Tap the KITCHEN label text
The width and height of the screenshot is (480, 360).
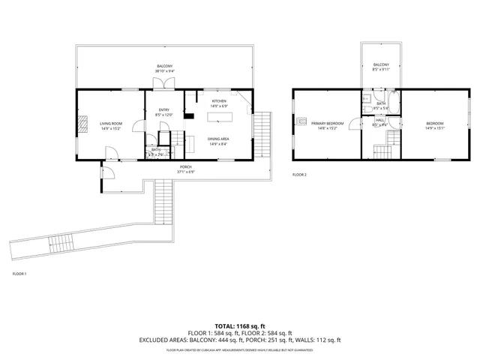219,100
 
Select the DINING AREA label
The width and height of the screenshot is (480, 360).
219,139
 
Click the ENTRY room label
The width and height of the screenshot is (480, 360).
163,110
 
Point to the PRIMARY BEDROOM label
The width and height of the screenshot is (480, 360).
327,123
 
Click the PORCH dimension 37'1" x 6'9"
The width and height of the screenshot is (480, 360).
185,172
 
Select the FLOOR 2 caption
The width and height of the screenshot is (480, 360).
299,175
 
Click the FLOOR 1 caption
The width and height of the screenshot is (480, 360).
19,274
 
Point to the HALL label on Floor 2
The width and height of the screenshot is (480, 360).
379,120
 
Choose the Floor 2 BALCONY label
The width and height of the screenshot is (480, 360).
380,66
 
